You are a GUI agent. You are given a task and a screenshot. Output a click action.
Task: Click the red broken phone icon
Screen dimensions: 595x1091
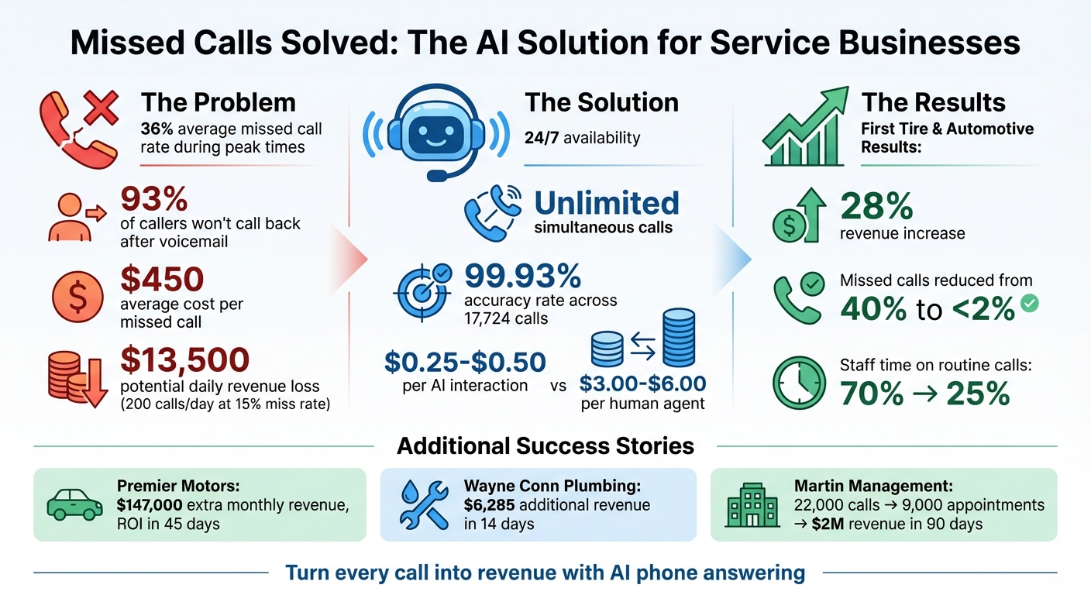click(78, 127)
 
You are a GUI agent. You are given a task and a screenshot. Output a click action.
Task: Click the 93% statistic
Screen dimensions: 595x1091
click(155, 200)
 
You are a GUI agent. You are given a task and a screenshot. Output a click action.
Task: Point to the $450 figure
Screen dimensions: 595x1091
click(162, 278)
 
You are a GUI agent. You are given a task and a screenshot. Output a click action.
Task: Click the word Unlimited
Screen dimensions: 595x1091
click(607, 203)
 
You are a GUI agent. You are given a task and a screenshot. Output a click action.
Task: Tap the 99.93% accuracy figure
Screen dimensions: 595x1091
click(522, 276)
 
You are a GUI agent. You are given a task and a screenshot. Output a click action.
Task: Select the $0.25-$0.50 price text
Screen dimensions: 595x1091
click(465, 361)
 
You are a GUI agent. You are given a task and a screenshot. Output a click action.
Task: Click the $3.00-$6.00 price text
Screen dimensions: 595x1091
click(643, 382)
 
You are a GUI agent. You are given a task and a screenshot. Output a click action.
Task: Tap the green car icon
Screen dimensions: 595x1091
click(74, 504)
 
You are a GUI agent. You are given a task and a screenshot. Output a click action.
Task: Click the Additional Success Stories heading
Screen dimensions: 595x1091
click(545, 445)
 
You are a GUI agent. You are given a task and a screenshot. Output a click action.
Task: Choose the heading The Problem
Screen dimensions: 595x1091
click(218, 102)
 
